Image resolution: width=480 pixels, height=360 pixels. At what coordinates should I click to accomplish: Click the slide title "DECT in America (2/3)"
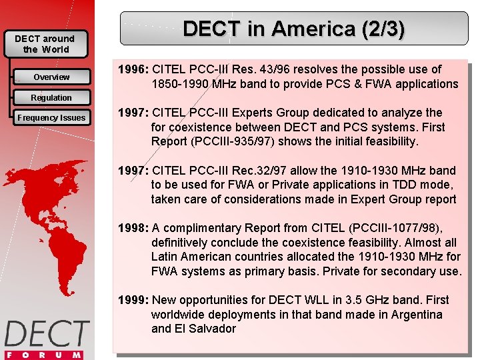[293, 29]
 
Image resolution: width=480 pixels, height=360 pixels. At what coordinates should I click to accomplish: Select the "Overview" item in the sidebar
[51, 77]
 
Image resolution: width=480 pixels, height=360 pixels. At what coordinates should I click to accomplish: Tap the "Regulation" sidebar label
[51, 98]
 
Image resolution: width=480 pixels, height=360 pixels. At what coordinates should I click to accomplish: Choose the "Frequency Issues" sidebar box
[51, 118]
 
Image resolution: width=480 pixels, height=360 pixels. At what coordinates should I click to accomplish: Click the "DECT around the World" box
[45, 44]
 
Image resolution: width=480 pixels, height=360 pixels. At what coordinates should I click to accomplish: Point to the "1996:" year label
[134, 69]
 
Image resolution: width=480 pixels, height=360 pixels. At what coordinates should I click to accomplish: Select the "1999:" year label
[134, 300]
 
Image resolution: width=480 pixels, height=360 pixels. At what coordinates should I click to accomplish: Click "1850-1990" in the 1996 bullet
[179, 84]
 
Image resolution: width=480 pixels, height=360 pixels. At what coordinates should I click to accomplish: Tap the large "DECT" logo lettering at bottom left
[47, 334]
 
